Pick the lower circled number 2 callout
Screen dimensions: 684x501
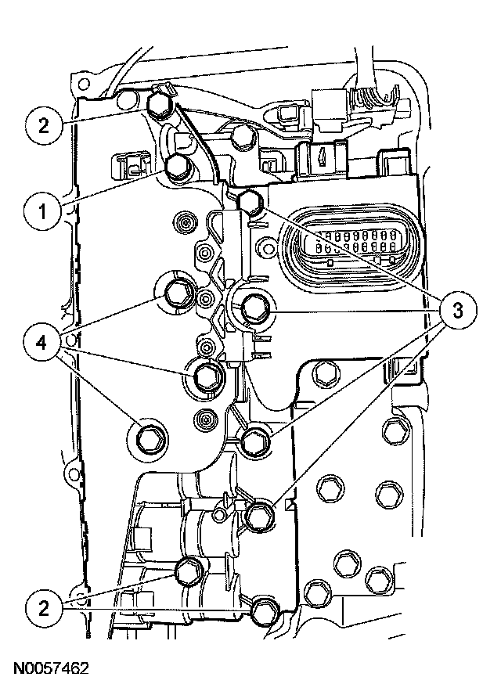tap(45, 607)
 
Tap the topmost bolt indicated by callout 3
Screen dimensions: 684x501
tap(249, 201)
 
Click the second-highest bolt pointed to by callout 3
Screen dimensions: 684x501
tap(254, 309)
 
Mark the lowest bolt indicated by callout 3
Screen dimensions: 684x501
tap(258, 514)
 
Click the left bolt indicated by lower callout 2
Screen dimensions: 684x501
tap(189, 571)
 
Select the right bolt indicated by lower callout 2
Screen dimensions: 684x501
tap(264, 610)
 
